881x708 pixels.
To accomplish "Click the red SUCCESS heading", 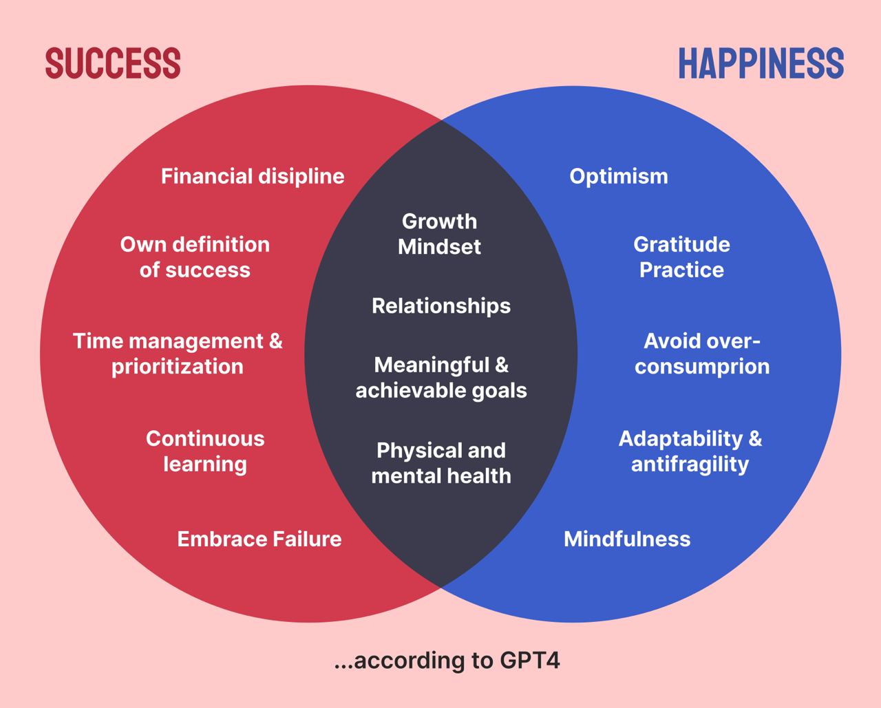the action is [x=113, y=63].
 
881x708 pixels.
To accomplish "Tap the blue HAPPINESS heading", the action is [x=761, y=63].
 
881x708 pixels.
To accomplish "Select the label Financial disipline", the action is [x=253, y=177].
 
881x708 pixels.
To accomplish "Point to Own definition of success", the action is [x=195, y=257].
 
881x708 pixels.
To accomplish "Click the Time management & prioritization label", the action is [x=178, y=354].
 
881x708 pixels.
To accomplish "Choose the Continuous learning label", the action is [x=205, y=451].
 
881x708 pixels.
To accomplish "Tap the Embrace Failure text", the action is [x=259, y=539].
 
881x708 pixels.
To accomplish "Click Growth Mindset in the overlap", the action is [x=439, y=234].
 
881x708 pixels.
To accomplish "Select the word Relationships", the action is [x=441, y=306].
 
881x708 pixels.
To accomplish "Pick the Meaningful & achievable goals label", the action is [x=441, y=377].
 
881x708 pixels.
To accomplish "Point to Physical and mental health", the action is [x=441, y=463].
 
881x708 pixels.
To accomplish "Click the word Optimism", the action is [x=619, y=177].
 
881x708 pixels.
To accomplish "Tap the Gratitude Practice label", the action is [x=681, y=257].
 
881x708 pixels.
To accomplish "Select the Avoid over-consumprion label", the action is [x=702, y=354].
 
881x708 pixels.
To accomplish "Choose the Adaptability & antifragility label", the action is [x=690, y=451].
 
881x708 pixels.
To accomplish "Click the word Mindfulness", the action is [x=627, y=539].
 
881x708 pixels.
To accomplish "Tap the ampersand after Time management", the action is [x=275, y=341].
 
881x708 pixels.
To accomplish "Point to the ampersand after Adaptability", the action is [x=755, y=439].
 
